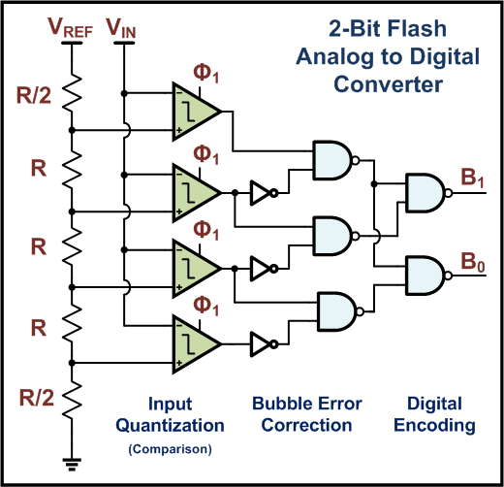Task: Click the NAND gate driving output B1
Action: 425,193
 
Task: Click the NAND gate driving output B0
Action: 425,275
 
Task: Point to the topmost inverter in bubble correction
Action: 262,192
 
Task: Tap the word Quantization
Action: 170,425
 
